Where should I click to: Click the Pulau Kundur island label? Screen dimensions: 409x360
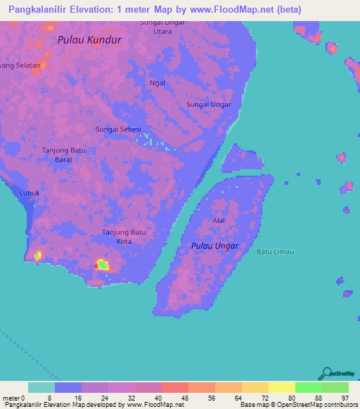(90, 40)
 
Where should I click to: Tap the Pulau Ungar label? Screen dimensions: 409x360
(214, 246)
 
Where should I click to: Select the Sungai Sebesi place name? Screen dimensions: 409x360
(118, 129)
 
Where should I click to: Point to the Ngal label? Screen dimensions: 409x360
(157, 83)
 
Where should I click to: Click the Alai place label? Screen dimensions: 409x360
(219, 221)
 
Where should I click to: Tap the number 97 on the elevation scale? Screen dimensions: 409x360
(345, 398)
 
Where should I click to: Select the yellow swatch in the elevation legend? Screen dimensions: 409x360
(282, 387)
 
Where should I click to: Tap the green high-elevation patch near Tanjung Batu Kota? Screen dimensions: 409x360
(103, 264)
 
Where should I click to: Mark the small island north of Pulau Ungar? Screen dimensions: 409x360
(241, 158)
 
